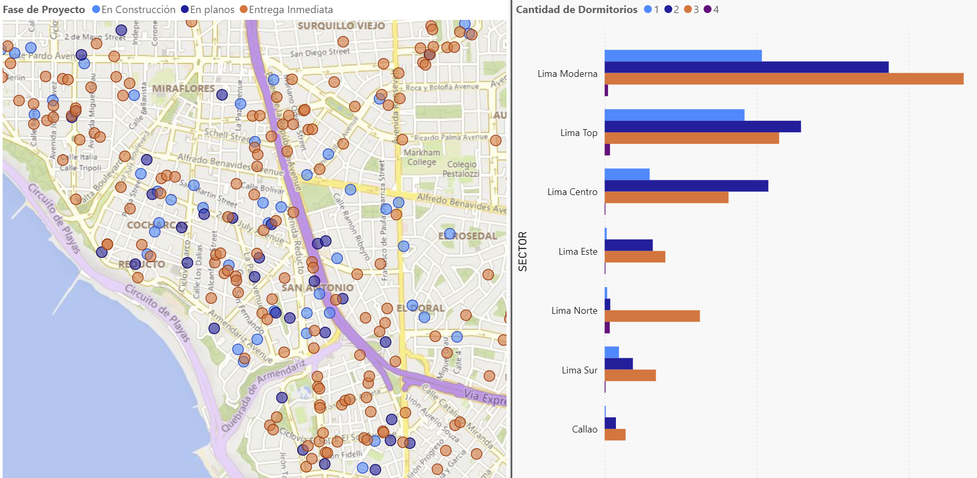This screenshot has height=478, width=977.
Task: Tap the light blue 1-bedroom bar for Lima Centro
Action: [x=627, y=174]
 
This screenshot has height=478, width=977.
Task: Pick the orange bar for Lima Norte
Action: [x=652, y=316]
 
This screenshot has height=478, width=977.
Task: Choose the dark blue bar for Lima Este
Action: [x=628, y=245]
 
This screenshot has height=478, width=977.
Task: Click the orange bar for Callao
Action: [x=615, y=435]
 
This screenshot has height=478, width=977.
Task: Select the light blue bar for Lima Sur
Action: [x=612, y=352]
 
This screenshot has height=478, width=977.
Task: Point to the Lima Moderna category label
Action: [x=567, y=74]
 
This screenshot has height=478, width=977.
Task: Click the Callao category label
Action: [x=584, y=429]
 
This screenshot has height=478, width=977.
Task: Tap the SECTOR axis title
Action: [x=522, y=251]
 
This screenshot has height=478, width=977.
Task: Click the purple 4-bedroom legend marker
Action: [x=708, y=9]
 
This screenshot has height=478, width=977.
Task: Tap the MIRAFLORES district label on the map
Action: [x=183, y=88]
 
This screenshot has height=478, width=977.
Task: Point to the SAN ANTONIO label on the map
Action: [x=318, y=288]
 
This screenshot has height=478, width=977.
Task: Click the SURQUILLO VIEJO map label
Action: [x=341, y=26]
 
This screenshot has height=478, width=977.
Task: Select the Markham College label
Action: [x=422, y=157]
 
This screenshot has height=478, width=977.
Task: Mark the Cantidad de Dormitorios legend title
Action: [x=577, y=9]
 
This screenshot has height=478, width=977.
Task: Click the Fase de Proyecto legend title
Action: [x=44, y=9]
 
